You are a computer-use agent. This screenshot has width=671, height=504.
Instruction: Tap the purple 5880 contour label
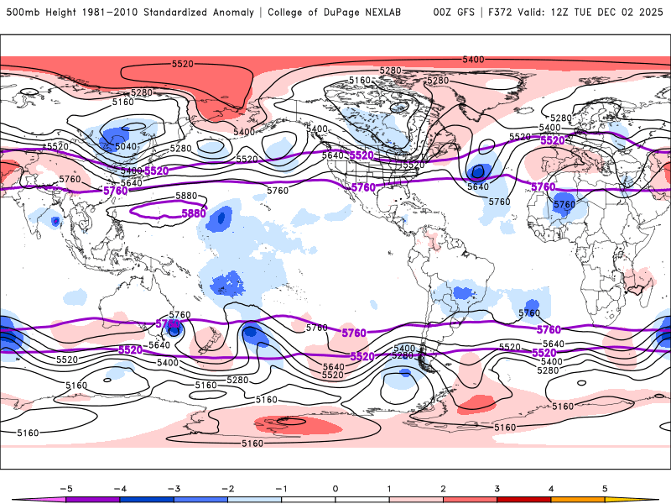[194, 214]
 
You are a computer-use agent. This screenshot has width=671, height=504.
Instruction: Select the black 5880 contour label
[187, 196]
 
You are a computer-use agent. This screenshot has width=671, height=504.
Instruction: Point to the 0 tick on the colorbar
[335, 487]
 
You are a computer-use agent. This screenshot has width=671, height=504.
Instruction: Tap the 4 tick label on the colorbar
[551, 487]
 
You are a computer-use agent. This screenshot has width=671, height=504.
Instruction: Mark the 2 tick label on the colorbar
[443, 487]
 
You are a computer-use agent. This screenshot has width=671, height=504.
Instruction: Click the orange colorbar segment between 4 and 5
[578, 499]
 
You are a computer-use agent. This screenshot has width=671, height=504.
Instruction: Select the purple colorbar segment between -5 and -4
[93, 499]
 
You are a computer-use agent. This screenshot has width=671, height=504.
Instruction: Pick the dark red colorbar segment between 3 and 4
[524, 499]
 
